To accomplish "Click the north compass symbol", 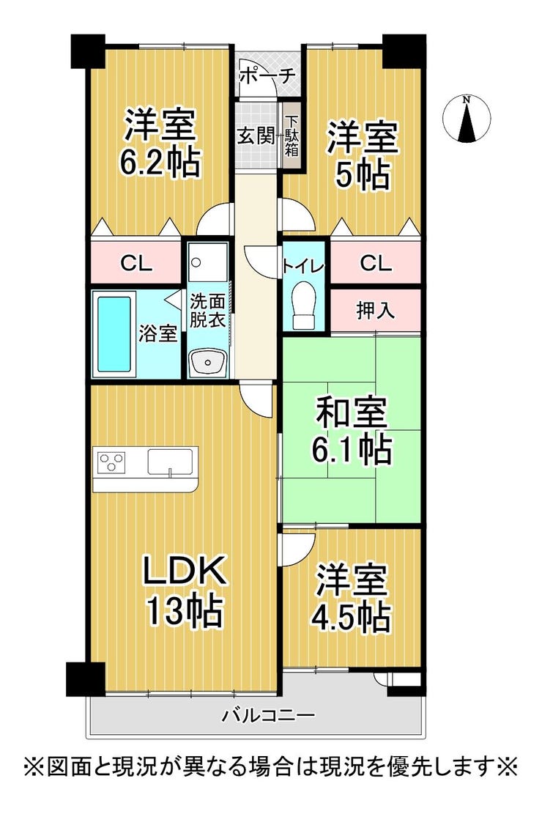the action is pos(467,119).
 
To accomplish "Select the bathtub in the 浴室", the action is pos(114,333).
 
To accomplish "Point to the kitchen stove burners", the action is pos(112,462).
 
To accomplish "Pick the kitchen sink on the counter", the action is pos(170,462).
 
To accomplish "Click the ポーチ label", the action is pos(267,76).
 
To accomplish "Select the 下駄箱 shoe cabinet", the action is pos(292,136).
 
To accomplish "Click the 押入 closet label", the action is pos(375,311).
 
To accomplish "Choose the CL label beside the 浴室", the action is pos(136,264).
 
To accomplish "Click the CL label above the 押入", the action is pos(376,264).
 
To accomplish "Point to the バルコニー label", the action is pos(269,717).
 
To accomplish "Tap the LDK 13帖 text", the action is pos(185,591).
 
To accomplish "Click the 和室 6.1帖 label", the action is pos(352,430).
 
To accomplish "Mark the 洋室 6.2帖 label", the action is pos(160,142).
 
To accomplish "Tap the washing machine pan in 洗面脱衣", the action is pos(208,262).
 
